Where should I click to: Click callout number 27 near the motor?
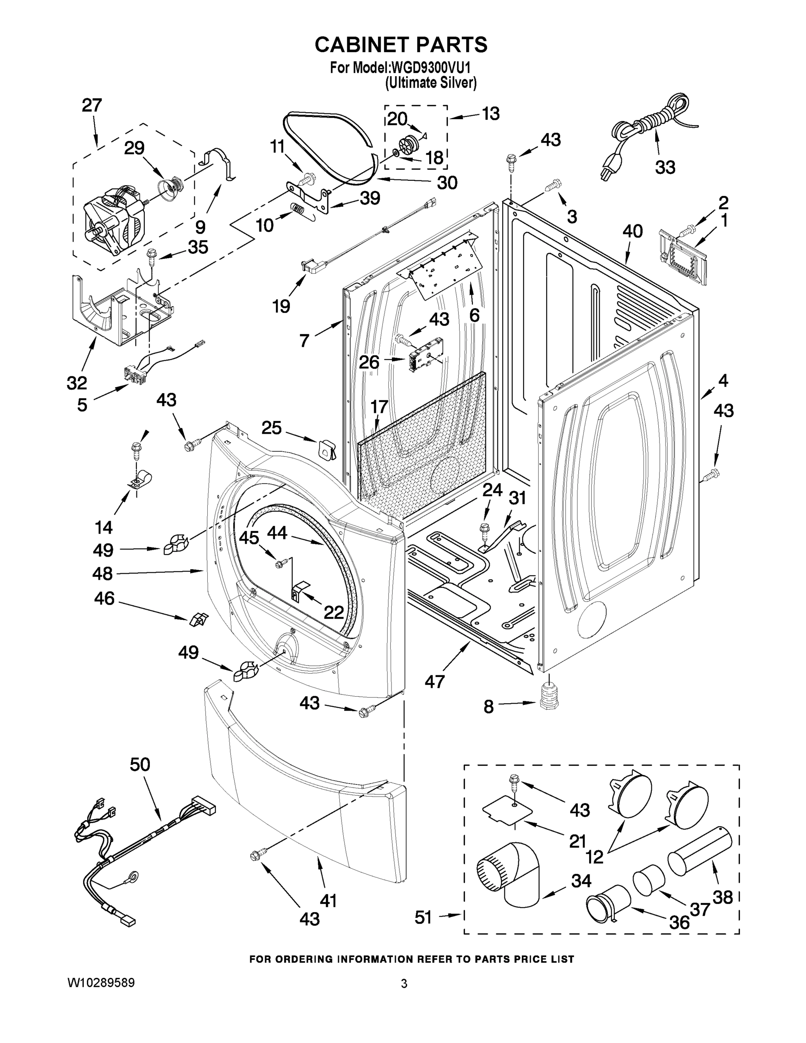[92, 105]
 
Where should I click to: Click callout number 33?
[665, 167]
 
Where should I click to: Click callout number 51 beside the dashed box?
[423, 917]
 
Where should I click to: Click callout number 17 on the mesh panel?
[379, 406]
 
